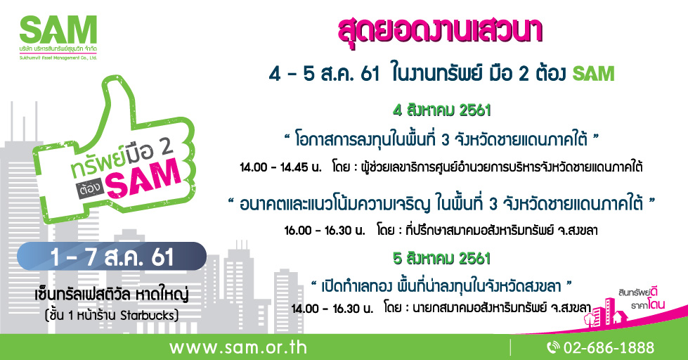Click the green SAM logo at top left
click(x=58, y=30)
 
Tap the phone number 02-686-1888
click(x=609, y=347)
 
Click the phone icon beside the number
click(x=552, y=347)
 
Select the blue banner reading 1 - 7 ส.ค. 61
click(x=112, y=257)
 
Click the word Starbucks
click(x=150, y=313)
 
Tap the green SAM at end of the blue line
click(x=593, y=73)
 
